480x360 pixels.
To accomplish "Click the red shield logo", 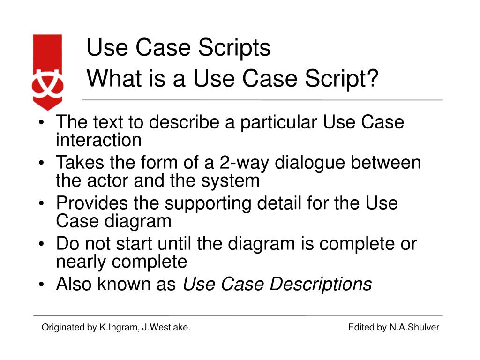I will click(x=47, y=71).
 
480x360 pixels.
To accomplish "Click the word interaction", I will click(x=98, y=140).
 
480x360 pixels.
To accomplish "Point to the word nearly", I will click(x=81, y=262).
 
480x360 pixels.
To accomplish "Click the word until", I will click(x=175, y=244).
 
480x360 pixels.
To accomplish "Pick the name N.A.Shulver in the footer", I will click(x=414, y=328).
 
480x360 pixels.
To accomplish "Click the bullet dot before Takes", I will click(x=42, y=164).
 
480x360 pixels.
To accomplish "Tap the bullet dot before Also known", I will click(x=42, y=285).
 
